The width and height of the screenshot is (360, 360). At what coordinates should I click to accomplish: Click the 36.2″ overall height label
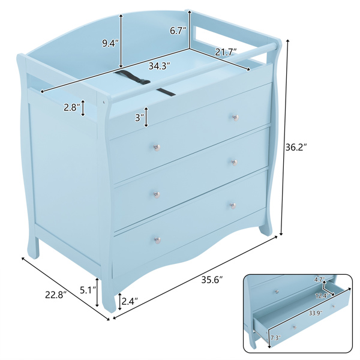(296, 147)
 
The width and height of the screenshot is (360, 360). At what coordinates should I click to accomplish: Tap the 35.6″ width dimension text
(212, 280)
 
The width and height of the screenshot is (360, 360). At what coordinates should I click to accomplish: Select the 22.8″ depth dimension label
(56, 295)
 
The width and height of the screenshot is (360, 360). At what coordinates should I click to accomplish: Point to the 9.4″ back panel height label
(110, 43)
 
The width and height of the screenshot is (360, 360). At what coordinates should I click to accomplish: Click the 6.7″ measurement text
(178, 31)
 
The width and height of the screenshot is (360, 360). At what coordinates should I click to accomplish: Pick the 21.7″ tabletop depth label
(226, 52)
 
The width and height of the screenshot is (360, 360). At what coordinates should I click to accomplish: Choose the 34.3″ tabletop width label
(159, 66)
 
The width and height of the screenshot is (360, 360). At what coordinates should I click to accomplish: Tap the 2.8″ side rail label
(72, 107)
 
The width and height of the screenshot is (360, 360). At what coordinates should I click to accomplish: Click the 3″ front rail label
(139, 118)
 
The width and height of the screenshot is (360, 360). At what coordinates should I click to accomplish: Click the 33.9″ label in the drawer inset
(316, 313)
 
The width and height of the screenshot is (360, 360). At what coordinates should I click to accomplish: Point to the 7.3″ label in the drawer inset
(275, 337)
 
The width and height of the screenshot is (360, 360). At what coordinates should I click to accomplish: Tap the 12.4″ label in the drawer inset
(322, 296)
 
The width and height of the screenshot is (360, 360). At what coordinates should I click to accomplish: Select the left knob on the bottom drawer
(157, 240)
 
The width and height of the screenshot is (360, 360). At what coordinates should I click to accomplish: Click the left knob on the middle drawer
(157, 194)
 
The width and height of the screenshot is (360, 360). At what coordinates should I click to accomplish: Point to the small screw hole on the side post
(104, 101)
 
